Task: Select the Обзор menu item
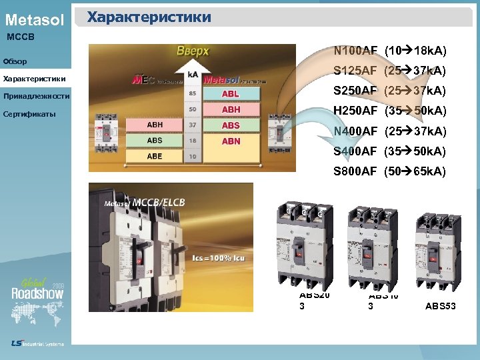(x=15, y=62)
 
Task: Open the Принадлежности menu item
(x=36, y=97)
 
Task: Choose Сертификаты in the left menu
(x=29, y=114)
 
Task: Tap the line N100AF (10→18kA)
(x=390, y=51)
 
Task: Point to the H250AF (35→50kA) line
(x=390, y=110)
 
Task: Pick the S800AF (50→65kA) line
(x=390, y=171)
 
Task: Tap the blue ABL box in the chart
(x=231, y=94)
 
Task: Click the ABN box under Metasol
(x=231, y=141)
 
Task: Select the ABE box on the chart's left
(x=155, y=155)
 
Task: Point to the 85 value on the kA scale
(x=193, y=94)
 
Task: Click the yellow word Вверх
(x=193, y=51)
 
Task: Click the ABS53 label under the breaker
(x=441, y=307)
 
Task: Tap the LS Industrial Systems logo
(x=37, y=343)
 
